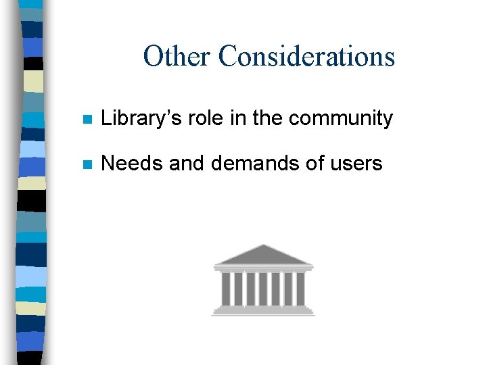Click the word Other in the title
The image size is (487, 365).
[177, 56]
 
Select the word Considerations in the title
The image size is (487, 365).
[306, 56]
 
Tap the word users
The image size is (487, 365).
[356, 164]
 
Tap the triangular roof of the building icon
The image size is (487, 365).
[263, 255]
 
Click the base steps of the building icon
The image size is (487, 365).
[263, 311]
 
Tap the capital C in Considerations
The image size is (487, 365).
[227, 56]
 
